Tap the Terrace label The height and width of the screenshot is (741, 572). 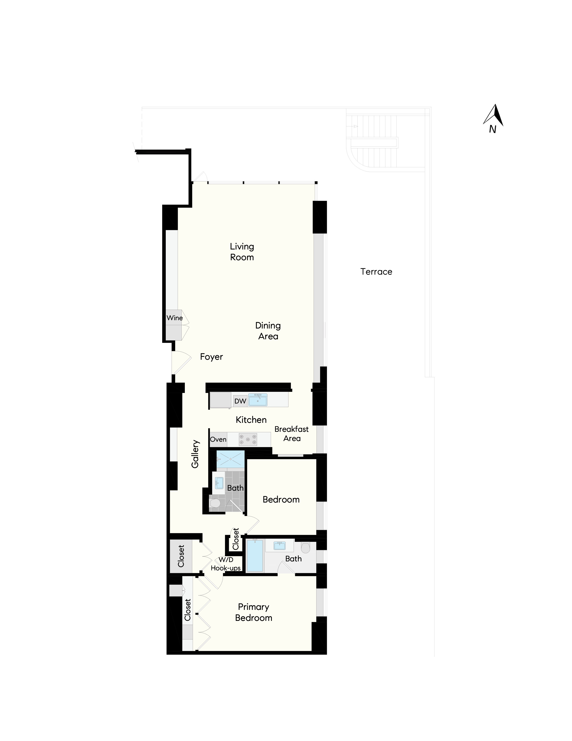(376, 272)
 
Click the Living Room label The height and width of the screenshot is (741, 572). (242, 252)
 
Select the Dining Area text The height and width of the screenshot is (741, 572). (268, 331)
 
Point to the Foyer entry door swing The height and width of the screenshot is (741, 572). (181, 362)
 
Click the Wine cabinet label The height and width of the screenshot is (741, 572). (175, 318)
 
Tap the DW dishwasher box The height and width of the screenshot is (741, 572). (240, 401)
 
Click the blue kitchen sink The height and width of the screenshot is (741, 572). (258, 400)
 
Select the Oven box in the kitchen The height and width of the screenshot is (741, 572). (218, 439)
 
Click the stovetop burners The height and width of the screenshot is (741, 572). (248, 439)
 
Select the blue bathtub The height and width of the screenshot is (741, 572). (255, 556)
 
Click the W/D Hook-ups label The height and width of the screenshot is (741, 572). (226, 564)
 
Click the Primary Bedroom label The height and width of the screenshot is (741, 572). (253, 612)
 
